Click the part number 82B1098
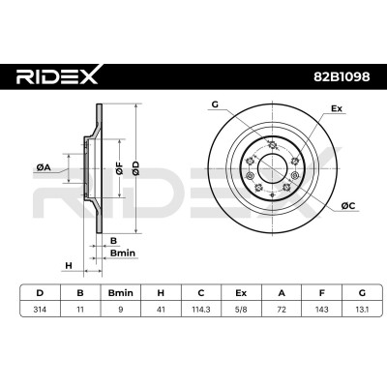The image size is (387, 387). (x=342, y=76)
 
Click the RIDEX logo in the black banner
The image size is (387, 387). (x=58, y=75)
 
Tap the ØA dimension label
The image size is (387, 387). (x=44, y=167)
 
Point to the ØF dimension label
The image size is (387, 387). (x=119, y=168)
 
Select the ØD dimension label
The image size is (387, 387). (x=136, y=168)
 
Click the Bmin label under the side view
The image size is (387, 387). (x=123, y=253)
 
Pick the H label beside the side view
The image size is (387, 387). (x=69, y=266)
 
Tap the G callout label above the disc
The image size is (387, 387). (x=215, y=104)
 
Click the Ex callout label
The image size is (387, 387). (x=337, y=108)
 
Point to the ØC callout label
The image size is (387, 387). (x=348, y=205)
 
